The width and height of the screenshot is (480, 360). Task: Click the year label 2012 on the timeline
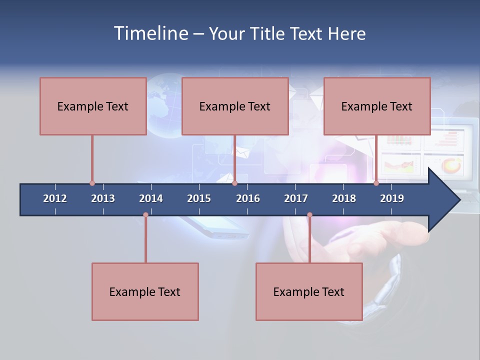pos(55,198)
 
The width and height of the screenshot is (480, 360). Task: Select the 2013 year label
pos(103,198)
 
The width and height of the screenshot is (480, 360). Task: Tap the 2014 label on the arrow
pos(151,198)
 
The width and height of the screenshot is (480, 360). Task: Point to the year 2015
pos(199,198)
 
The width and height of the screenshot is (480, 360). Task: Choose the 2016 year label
pos(248,198)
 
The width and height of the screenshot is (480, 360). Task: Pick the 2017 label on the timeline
pos(296,198)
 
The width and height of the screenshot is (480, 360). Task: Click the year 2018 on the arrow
pos(344,198)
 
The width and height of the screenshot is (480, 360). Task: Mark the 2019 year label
pos(392,198)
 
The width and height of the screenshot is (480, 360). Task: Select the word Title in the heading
pos(268,33)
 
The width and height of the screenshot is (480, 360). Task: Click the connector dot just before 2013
pos(92,183)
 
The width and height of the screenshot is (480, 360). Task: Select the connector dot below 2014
pos(145,215)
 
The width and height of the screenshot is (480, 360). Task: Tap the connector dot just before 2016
pos(234,183)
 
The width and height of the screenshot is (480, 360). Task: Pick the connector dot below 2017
pos(309,215)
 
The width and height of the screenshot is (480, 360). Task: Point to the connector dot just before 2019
pos(376,183)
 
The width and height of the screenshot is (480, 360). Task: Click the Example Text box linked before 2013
pos(93,106)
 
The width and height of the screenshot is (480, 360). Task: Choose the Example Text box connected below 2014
pos(145,291)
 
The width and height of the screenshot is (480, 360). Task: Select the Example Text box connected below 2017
pos(309,291)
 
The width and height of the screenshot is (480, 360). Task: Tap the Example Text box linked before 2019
pos(377,106)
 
